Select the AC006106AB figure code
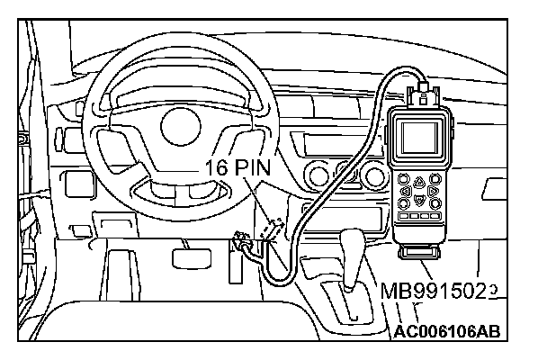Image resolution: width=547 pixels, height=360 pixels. (x=445, y=330)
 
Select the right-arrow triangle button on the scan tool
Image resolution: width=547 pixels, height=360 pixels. (x=433, y=191)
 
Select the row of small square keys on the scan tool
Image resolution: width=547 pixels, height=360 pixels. (x=419, y=217)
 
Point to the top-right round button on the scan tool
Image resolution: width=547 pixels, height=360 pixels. (x=436, y=175)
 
